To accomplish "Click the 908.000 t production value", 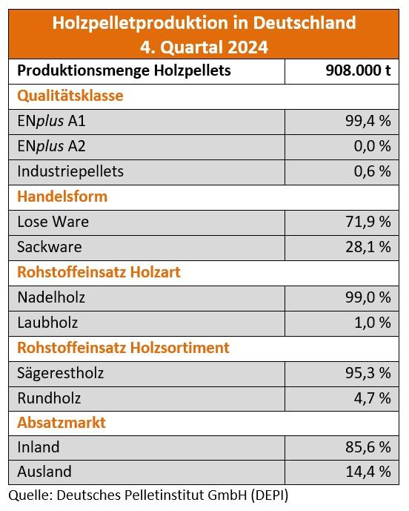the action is pos(358,70).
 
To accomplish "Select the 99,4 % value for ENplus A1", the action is pos(368,121).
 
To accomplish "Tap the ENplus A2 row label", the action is pos(51,146).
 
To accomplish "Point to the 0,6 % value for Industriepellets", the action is pos(372,171).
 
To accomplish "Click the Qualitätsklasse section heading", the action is pos(70,96).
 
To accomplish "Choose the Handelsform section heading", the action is pos(62,197).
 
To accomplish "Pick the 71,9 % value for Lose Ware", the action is pos(368,222).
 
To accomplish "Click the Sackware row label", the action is pos(50,247).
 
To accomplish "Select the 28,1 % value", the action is pos(368,247).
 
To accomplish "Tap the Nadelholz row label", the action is pos(51,297).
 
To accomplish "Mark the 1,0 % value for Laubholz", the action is pos(373,323).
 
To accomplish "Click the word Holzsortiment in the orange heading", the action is pos(180,348).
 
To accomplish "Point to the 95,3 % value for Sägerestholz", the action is pos(368,373).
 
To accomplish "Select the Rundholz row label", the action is pos(49,398).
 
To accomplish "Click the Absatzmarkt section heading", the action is pos(61,423).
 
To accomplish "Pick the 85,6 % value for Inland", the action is pos(368,447).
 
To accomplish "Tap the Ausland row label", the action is pos(44,472).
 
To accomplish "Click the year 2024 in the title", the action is pos(247,47).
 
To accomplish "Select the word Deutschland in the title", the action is pos(304,23).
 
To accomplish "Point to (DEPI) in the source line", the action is pos(270,495).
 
